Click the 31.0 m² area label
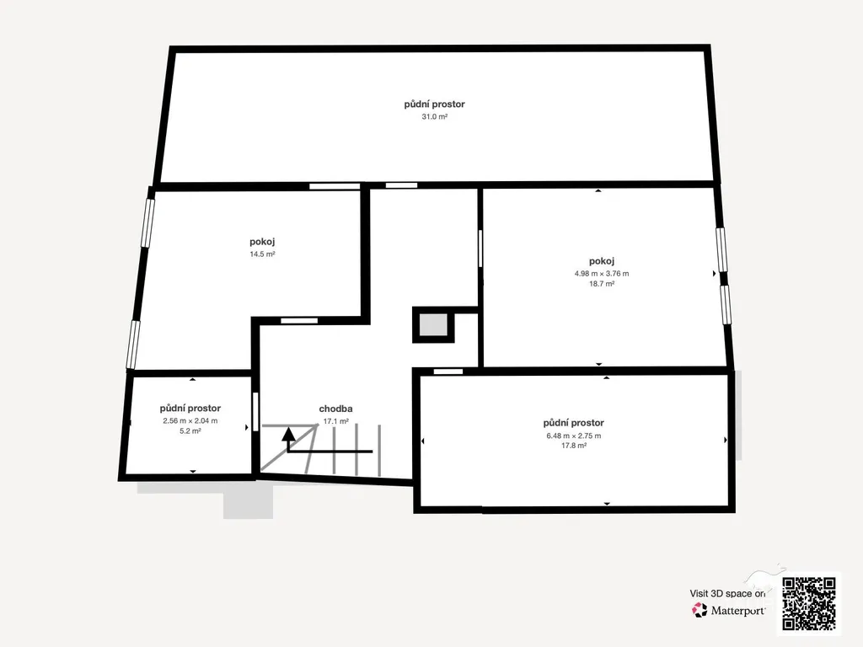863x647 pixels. click(x=434, y=116)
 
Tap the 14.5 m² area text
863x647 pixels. click(x=263, y=254)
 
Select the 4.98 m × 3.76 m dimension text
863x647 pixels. click(x=602, y=274)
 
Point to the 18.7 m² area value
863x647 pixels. click(x=602, y=284)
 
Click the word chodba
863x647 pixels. click(x=335, y=409)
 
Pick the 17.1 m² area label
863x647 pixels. click(x=335, y=421)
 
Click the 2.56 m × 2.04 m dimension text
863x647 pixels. click(x=190, y=421)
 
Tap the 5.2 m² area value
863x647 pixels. click(x=190, y=431)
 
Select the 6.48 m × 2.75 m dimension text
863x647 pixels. click(x=573, y=436)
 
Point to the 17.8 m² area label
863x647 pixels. click(x=573, y=446)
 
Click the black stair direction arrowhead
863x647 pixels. click(x=288, y=434)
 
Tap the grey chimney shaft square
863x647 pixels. click(x=433, y=324)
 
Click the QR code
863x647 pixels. click(x=808, y=603)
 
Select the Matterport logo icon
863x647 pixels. click(x=700, y=610)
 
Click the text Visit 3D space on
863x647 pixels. click(x=727, y=594)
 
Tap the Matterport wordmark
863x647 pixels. click(x=737, y=611)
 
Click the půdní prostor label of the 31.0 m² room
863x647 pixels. click(x=434, y=104)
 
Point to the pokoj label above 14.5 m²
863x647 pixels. click(x=263, y=242)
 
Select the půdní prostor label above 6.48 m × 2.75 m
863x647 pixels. click(x=573, y=423)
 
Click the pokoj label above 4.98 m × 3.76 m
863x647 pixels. click(x=602, y=261)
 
